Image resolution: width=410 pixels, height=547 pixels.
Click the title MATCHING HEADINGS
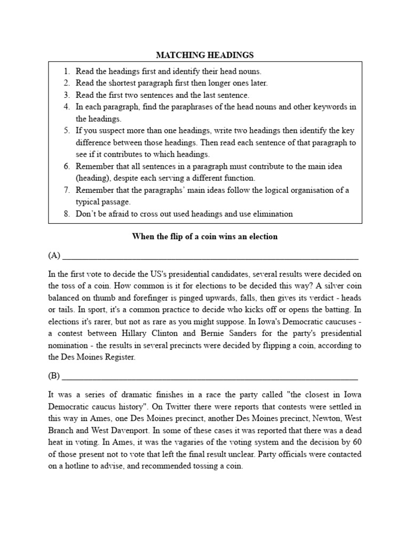204,55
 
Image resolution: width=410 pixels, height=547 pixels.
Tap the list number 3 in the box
67,95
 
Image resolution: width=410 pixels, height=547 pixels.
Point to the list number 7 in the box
67,190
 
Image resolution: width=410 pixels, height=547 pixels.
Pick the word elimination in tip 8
272,214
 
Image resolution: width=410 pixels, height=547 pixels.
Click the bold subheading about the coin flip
204,236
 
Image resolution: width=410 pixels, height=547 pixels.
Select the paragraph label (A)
54,255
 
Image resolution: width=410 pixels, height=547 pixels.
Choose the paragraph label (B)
54,376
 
